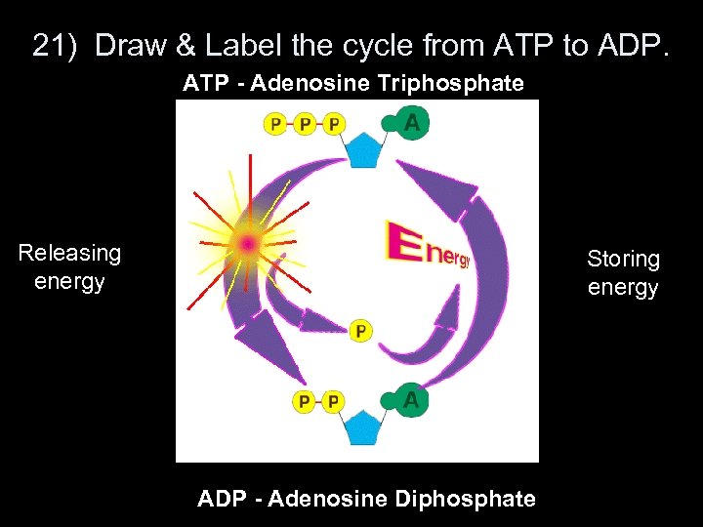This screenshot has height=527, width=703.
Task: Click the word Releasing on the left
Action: click(x=69, y=254)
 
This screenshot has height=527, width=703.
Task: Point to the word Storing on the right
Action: click(x=623, y=260)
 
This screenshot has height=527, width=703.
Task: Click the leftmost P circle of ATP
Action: click(x=276, y=124)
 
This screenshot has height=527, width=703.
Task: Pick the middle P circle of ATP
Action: click(x=306, y=124)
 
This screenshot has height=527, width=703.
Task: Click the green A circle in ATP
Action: click(x=411, y=123)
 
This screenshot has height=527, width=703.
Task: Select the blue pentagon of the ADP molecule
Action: click(x=363, y=427)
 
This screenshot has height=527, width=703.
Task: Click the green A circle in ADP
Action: click(x=411, y=401)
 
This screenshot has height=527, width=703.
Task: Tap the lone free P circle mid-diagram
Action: click(x=360, y=332)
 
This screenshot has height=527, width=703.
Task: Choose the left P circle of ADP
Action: click(x=305, y=401)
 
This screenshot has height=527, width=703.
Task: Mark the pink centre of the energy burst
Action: click(x=248, y=242)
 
